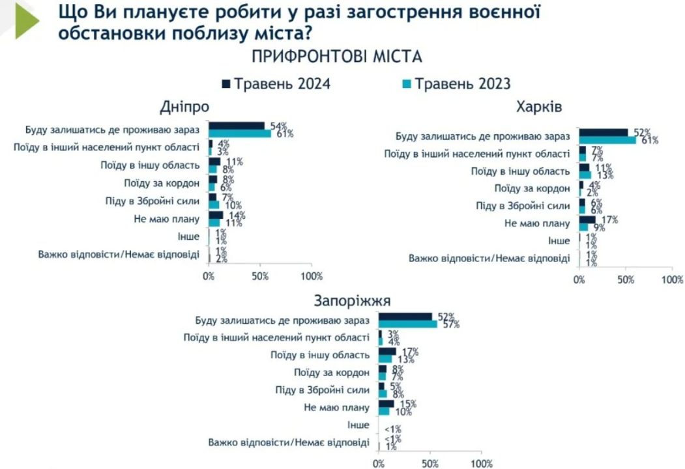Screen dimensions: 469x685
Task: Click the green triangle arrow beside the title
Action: [27, 20]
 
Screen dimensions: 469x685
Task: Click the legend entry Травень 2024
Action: [276, 84]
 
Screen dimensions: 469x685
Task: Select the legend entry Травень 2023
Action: [456, 84]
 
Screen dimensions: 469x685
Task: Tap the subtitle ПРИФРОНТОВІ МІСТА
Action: [337, 57]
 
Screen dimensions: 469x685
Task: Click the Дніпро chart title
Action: [184, 106]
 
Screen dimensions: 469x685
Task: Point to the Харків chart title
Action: [538, 106]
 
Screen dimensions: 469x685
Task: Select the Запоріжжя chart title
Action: [352, 301]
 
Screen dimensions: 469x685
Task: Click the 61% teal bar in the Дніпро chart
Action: [239, 134]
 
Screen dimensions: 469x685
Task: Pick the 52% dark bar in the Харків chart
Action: [604, 132]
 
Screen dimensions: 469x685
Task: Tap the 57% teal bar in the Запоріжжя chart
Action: [408, 324]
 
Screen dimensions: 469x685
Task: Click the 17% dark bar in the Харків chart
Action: [587, 220]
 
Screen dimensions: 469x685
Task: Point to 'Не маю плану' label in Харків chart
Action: [538, 223]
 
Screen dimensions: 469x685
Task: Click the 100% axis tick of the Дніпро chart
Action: [311, 276]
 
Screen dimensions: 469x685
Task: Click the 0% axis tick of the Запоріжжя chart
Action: [379, 464]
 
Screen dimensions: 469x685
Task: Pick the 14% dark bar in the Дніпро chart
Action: [216, 215]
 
